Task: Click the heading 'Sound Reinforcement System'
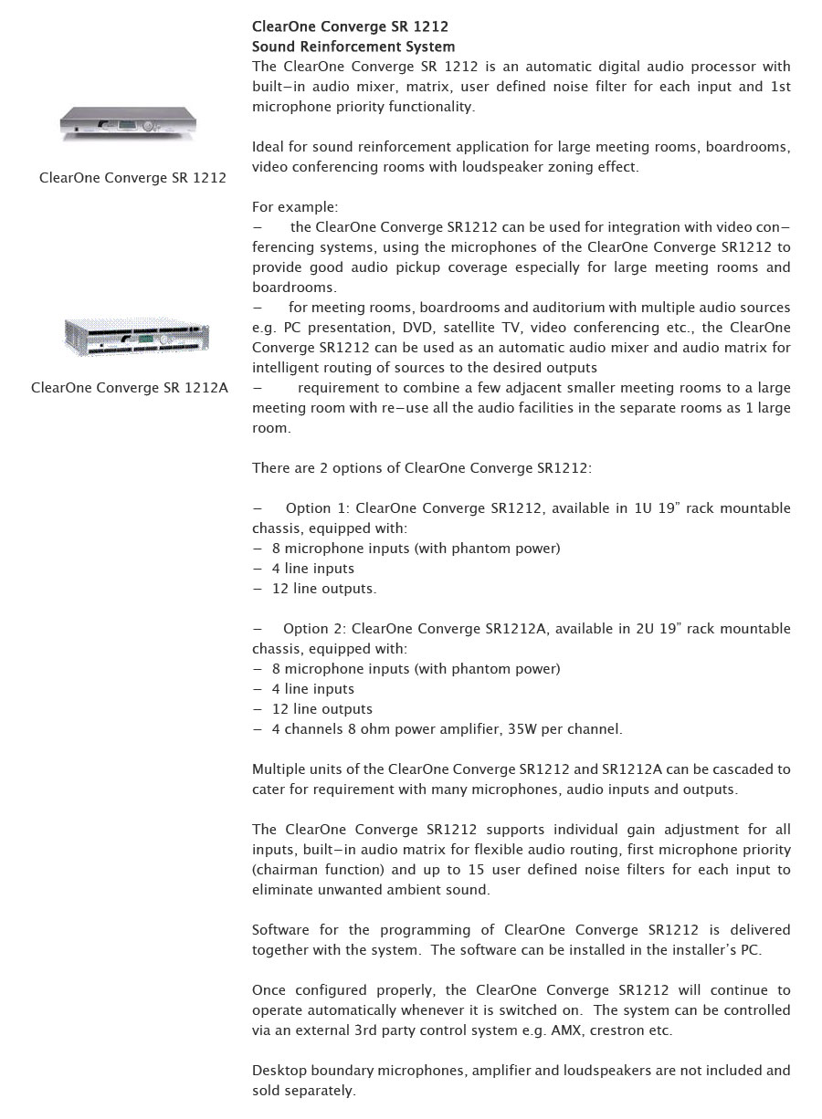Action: (353, 47)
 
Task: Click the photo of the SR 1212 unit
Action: (129, 124)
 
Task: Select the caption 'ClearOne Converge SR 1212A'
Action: (130, 388)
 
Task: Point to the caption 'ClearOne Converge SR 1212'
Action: (132, 178)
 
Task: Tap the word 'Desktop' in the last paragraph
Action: (278, 1071)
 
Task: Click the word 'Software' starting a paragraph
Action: (281, 930)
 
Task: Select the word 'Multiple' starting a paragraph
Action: (279, 769)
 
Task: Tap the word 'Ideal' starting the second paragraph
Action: (268, 147)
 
